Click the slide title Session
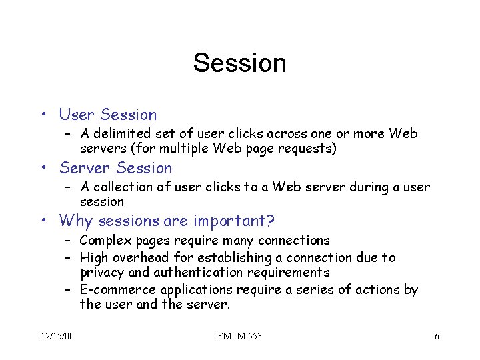239,63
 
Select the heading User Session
108,115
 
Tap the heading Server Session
116,168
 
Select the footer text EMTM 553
239,336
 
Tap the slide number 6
437,336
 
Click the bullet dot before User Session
43,115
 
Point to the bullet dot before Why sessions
43,221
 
